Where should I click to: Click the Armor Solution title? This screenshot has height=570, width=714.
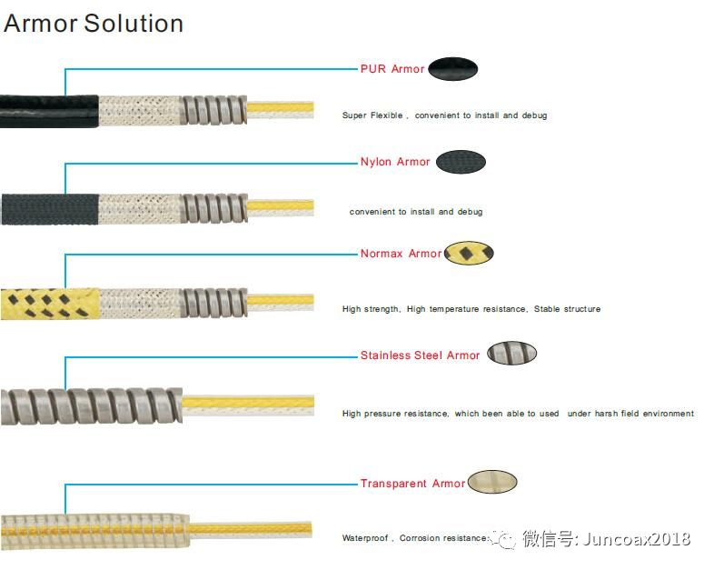coord(94,23)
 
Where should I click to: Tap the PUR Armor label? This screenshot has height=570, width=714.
coord(392,69)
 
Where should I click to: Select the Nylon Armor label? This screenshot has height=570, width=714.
coord(394,162)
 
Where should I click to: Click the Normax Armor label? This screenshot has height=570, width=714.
coord(400,254)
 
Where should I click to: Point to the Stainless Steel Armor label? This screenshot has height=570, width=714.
coord(420,355)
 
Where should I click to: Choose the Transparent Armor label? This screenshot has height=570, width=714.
coord(412,484)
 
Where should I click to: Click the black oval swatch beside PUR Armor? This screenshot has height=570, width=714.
coord(452,68)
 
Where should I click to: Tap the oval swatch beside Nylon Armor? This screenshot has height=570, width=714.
coord(461,163)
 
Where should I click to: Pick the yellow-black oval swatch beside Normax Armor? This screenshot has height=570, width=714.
coord(470,253)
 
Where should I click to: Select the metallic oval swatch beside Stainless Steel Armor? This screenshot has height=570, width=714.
coord(511,354)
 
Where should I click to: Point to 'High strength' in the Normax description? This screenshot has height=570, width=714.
coord(371,309)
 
